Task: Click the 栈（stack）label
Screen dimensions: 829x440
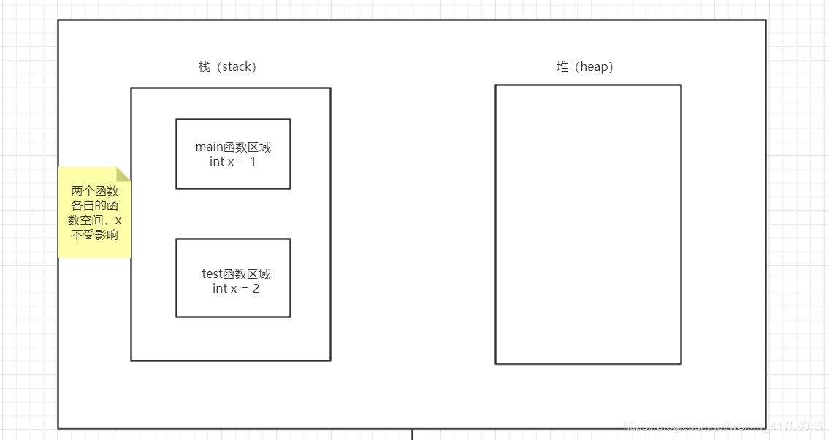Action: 227,67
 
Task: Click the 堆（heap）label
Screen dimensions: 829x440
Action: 584,67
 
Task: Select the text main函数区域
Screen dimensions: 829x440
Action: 233,147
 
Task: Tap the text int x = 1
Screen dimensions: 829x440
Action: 233,161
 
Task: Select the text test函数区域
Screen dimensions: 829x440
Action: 236,274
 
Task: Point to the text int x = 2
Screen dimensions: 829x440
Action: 236,288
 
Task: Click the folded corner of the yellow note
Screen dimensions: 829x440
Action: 123,174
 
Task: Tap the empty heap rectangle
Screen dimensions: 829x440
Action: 588,224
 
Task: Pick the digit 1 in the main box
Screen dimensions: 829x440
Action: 253,161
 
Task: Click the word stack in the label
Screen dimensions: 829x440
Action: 237,67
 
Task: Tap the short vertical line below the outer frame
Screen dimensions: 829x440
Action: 412,434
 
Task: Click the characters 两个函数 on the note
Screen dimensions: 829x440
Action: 94,191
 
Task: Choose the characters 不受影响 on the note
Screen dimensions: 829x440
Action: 94,235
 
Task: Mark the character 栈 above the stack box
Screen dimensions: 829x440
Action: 204,67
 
